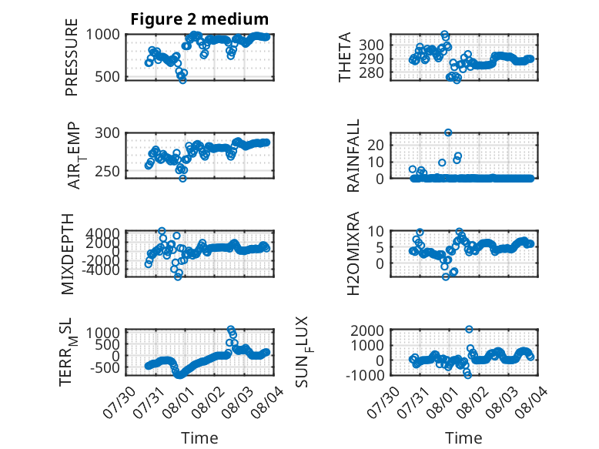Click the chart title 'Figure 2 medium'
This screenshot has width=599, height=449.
click(x=199, y=18)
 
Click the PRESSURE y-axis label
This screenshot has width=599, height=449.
click(x=72, y=57)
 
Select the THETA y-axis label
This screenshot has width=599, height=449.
click(x=345, y=57)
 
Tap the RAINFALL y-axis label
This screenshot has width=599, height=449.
click(x=353, y=156)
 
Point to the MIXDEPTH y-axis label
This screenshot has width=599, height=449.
click(x=67, y=254)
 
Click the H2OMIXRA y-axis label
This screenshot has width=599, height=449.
click(x=353, y=253)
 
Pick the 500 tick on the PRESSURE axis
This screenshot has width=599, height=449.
click(x=107, y=76)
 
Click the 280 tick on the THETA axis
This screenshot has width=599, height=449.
click(x=371, y=72)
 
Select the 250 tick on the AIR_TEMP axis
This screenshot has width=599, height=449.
click(x=107, y=171)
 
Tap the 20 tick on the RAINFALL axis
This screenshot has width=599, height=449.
click(x=376, y=145)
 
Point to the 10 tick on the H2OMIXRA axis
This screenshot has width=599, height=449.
click(x=376, y=231)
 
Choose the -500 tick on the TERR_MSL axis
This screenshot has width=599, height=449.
click(x=103, y=367)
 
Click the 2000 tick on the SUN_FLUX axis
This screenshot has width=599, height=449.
click(x=367, y=330)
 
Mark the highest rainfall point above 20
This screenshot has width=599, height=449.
click(x=448, y=132)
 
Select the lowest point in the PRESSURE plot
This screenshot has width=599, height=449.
click(x=183, y=80)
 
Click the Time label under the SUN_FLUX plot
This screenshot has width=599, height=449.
click(x=463, y=438)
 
